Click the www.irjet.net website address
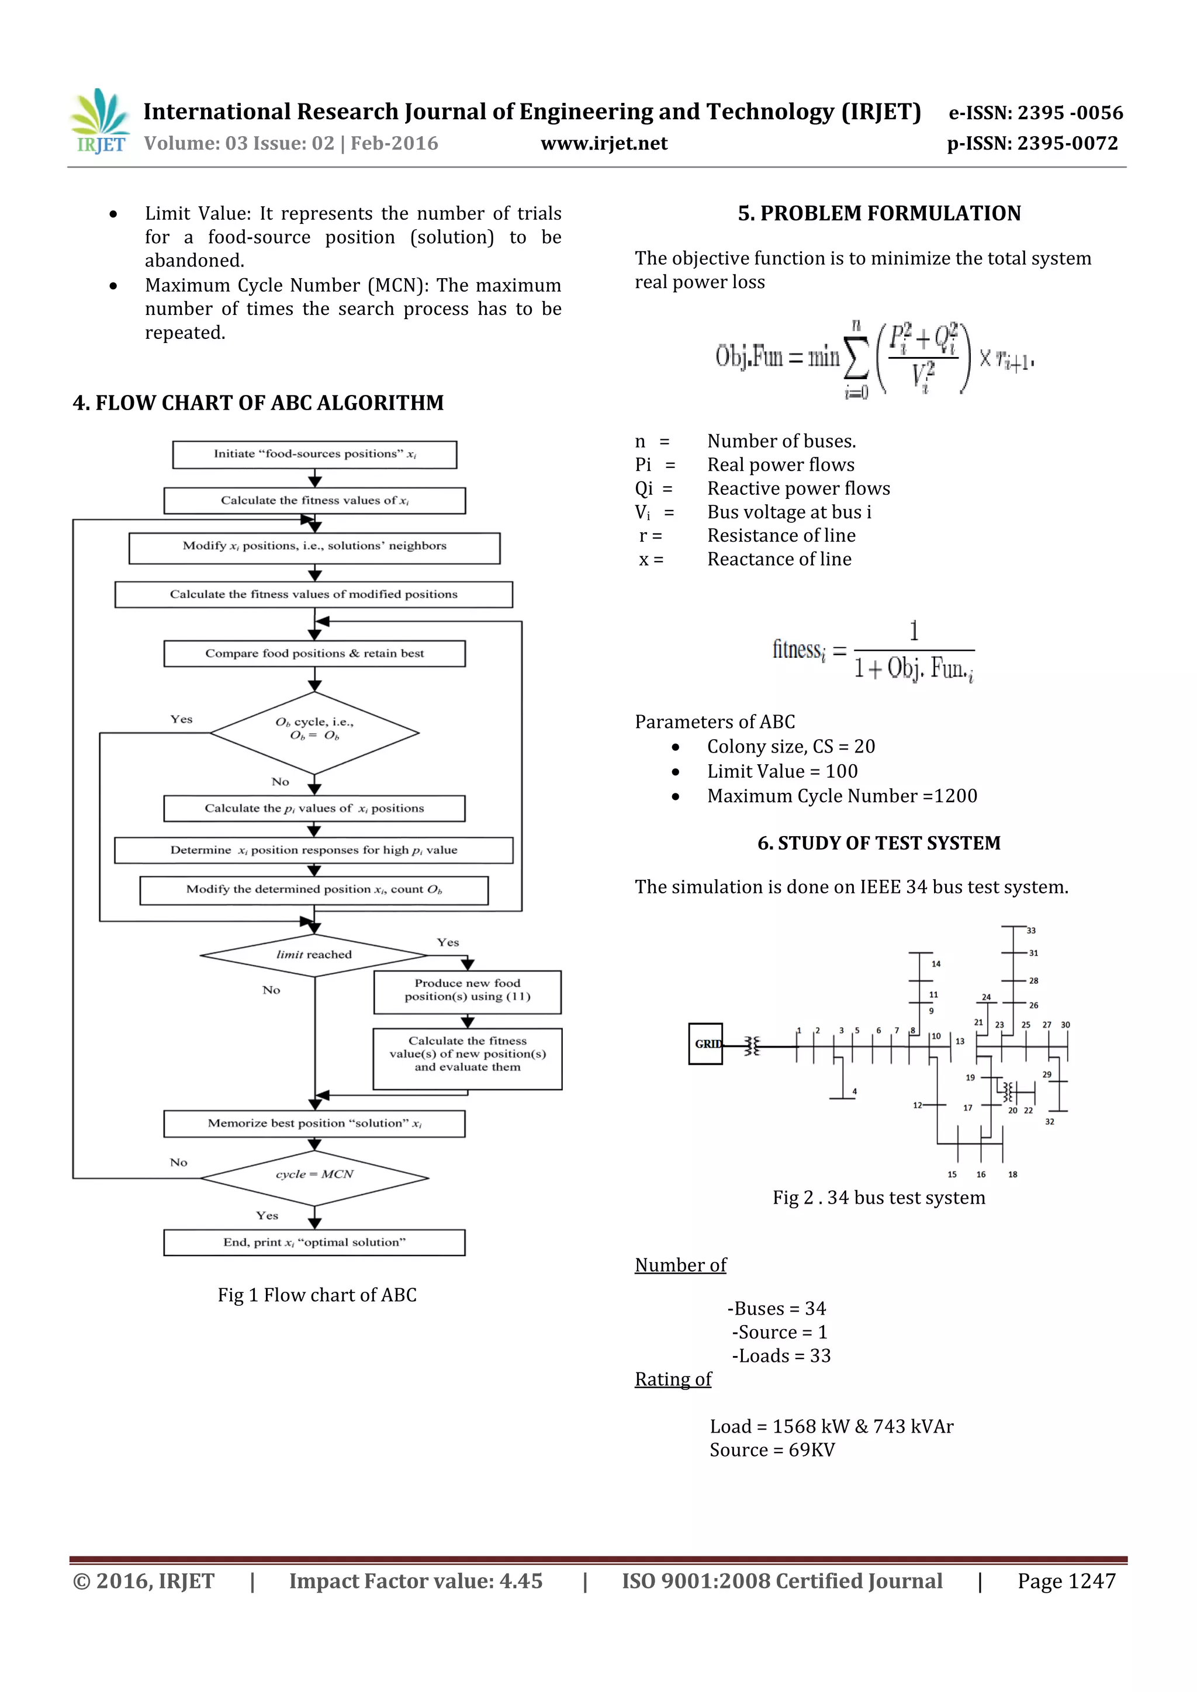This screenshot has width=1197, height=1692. pyautogui.click(x=604, y=144)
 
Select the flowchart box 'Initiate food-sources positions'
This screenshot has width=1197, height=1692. pyautogui.click(x=314, y=455)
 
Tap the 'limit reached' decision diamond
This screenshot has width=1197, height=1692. pyautogui.click(x=314, y=955)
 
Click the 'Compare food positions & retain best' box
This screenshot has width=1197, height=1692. pyautogui.click(x=314, y=654)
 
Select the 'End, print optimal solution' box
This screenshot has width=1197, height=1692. pyautogui.click(x=314, y=1243)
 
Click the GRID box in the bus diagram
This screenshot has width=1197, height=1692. pyautogui.click(x=705, y=1043)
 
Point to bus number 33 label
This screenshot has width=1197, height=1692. pyautogui.click(x=1031, y=931)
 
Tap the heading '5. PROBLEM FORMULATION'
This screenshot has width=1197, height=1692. pyautogui.click(x=879, y=214)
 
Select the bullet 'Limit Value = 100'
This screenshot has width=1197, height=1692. pyautogui.click(x=782, y=772)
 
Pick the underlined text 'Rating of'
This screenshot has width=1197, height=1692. pyautogui.click(x=673, y=1379)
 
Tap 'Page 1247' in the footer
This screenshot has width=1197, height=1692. pyautogui.click(x=1066, y=1581)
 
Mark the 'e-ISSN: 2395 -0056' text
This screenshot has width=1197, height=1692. pyautogui.click(x=1036, y=113)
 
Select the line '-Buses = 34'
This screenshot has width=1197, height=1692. pyautogui.click(x=777, y=1309)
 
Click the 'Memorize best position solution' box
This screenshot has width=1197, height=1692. pyautogui.click(x=314, y=1124)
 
